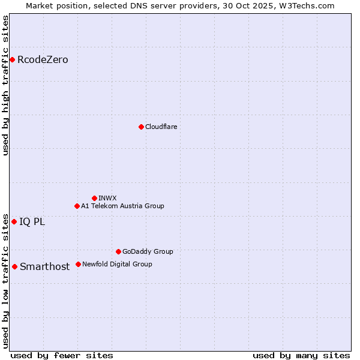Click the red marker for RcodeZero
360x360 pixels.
coord(12,59)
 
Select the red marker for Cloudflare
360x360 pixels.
coord(141,127)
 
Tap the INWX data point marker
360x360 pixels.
coord(94,198)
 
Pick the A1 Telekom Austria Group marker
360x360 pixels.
coord(77,206)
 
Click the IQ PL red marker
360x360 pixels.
coord(14,221)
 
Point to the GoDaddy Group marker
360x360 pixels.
coord(118,251)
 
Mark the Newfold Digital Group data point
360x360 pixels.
coord(78,264)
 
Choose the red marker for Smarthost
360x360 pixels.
coord(14,266)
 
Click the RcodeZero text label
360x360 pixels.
coord(43,60)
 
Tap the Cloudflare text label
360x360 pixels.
coord(161,127)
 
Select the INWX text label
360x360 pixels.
coord(107,198)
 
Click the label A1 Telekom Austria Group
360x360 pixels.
coord(122,206)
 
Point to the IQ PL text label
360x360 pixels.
coord(32,222)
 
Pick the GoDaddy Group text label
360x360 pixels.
coord(148,251)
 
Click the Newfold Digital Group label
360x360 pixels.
coord(117,264)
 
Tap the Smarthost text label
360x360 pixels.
coord(44,267)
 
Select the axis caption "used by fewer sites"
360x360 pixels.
coord(62,355)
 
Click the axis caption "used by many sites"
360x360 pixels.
coord(301,355)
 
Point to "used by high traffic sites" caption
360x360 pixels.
coord(6,85)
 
